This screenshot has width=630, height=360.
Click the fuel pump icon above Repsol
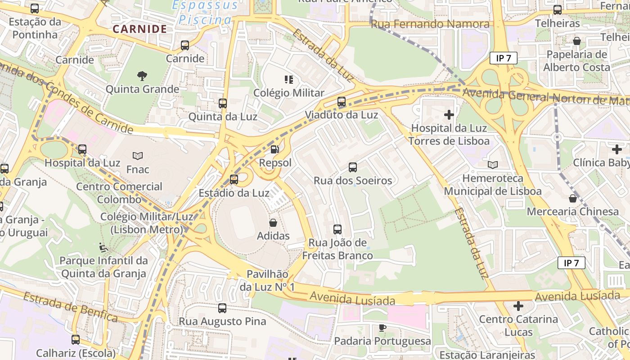(274, 149)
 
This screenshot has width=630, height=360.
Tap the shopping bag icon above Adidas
(273, 222)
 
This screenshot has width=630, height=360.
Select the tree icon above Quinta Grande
(142, 76)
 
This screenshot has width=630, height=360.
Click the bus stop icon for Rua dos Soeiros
(353, 167)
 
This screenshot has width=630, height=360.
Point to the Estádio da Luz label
(234, 193)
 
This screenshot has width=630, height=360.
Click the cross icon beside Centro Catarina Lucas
(518, 306)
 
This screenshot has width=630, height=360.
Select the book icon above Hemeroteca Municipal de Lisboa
(493, 165)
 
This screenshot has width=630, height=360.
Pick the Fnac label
(138, 170)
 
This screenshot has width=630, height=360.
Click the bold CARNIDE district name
(139, 29)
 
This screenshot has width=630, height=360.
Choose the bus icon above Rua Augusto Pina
(222, 308)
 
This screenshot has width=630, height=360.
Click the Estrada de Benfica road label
(70, 307)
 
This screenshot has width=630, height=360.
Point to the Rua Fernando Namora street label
(430, 24)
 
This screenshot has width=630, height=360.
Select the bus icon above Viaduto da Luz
(342, 102)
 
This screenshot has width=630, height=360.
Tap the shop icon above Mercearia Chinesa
(573, 198)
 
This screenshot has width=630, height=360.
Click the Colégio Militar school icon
(289, 80)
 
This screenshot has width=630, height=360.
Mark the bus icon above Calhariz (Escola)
(76, 340)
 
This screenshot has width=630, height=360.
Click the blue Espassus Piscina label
(205, 13)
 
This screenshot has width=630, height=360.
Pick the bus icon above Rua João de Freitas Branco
(337, 229)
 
